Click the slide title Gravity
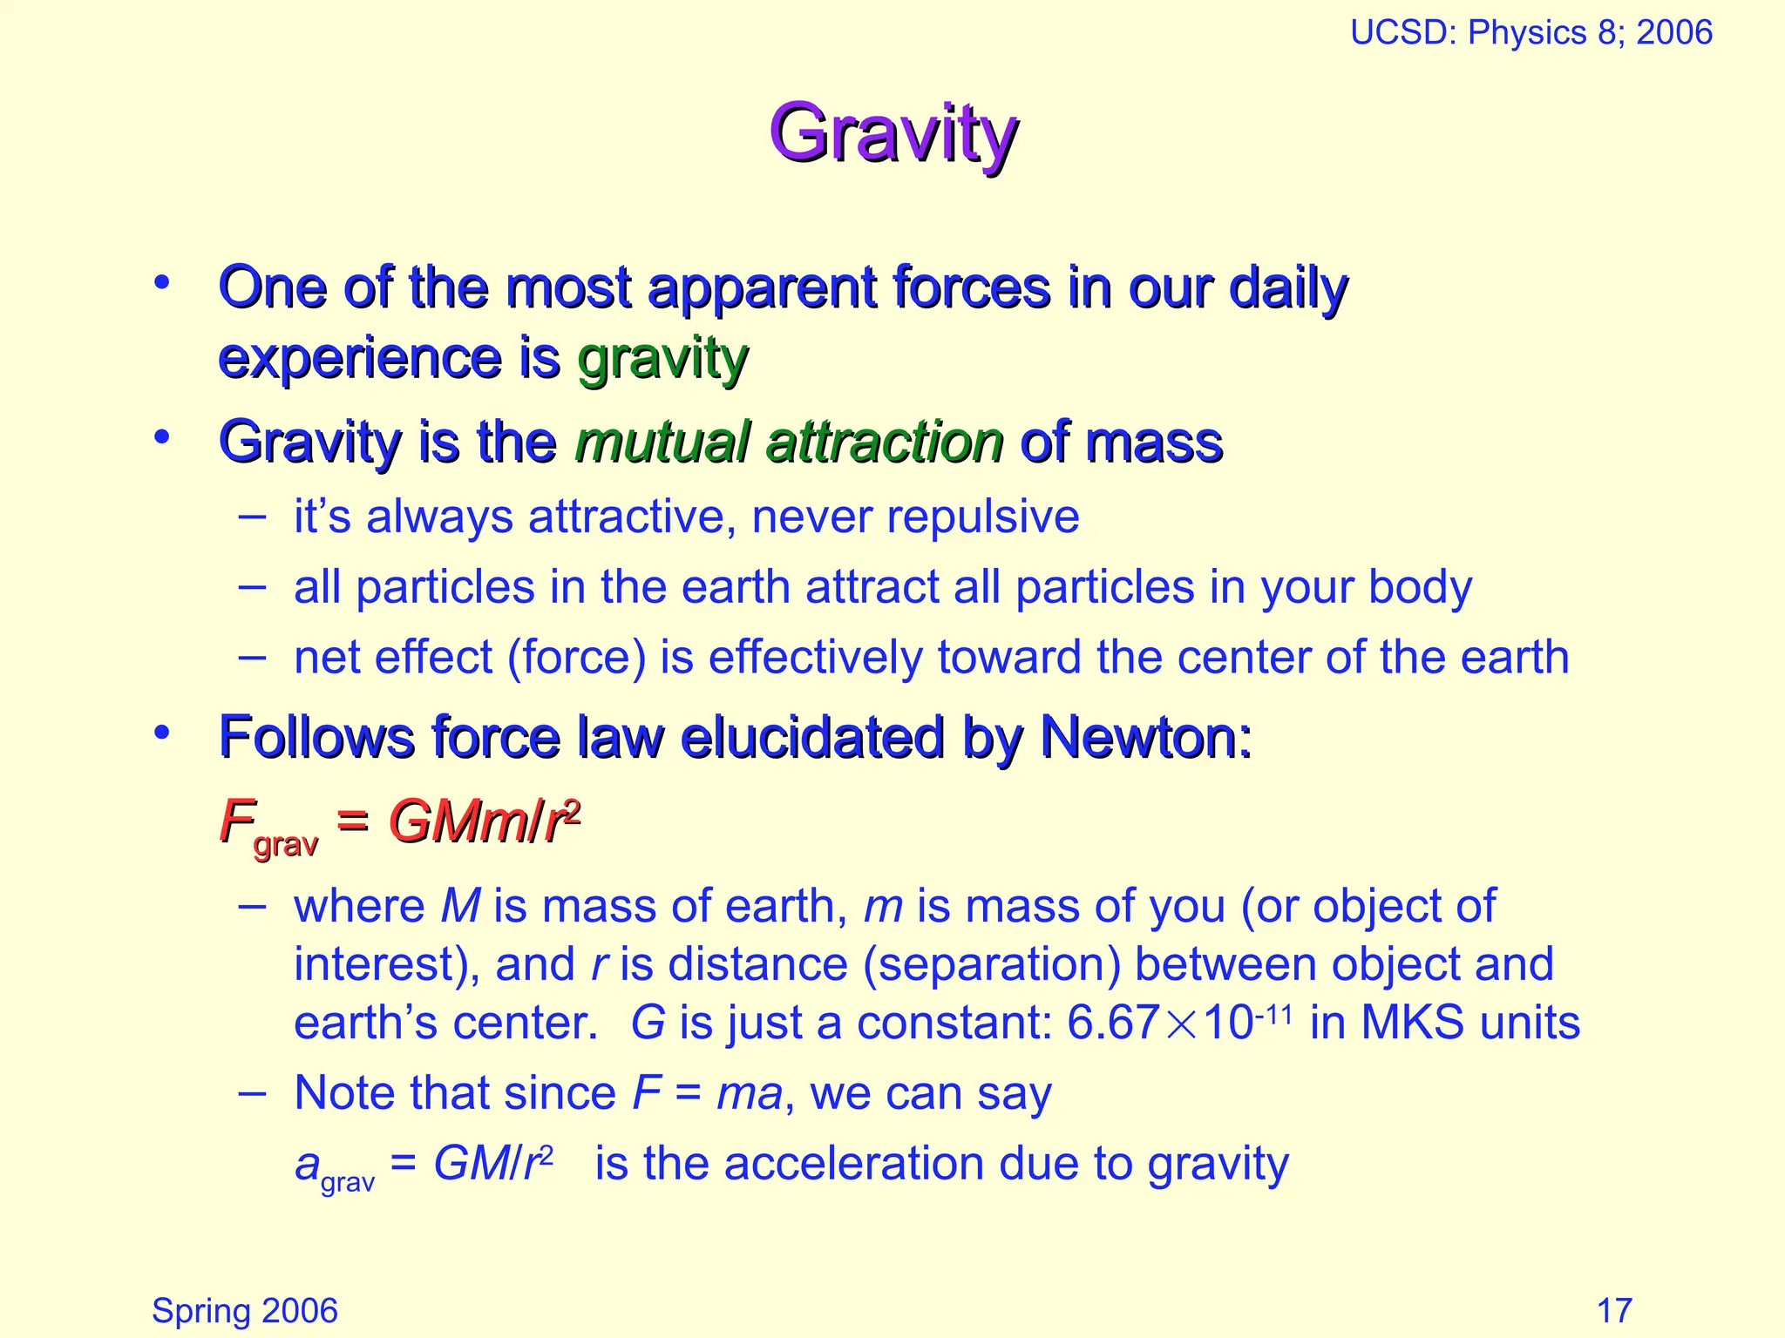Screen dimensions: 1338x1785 (892, 135)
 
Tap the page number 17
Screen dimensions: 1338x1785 (1613, 1310)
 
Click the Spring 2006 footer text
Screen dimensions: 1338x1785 (244, 1310)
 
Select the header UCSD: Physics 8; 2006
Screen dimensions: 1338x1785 (1530, 33)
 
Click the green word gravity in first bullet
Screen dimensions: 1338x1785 (662, 359)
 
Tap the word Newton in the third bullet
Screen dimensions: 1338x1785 (1145, 737)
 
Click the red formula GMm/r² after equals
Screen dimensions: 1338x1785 (484, 821)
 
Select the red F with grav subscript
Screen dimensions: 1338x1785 (266, 828)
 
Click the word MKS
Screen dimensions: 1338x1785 (1413, 1023)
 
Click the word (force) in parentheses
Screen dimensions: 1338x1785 (576, 657)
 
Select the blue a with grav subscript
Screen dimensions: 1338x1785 (334, 1167)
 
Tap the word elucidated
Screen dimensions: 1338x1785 (812, 737)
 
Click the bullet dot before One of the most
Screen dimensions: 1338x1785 (161, 283)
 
